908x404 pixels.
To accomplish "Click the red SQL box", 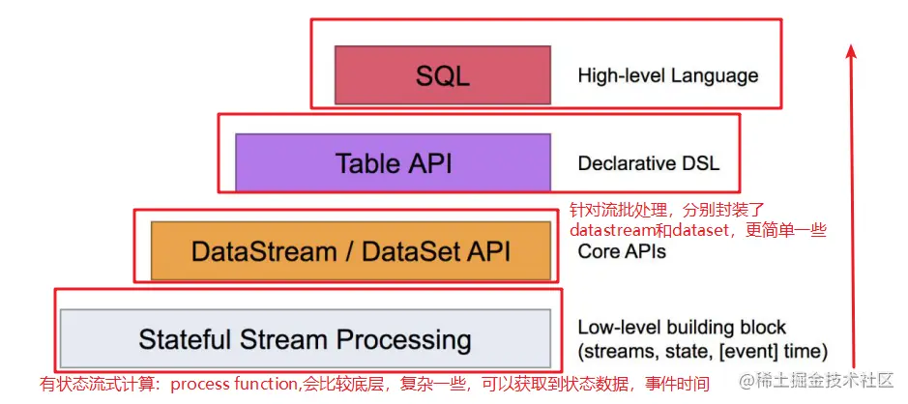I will (x=442, y=75).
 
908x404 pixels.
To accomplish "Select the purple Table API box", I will (x=394, y=162).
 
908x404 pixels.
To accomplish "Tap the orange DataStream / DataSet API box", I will (x=350, y=251).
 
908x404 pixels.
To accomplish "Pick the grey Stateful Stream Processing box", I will (x=305, y=339).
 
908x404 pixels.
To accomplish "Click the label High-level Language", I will (x=667, y=75).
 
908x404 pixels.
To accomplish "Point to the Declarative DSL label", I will (x=648, y=163).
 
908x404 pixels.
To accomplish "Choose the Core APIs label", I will (x=622, y=251).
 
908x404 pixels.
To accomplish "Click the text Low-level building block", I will (x=682, y=327).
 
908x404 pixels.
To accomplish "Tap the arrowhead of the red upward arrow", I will (x=852, y=50).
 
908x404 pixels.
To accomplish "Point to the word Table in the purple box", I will (x=367, y=162).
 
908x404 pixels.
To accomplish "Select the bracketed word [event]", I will (x=758, y=351).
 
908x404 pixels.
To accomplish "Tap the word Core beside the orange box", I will (x=600, y=251).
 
